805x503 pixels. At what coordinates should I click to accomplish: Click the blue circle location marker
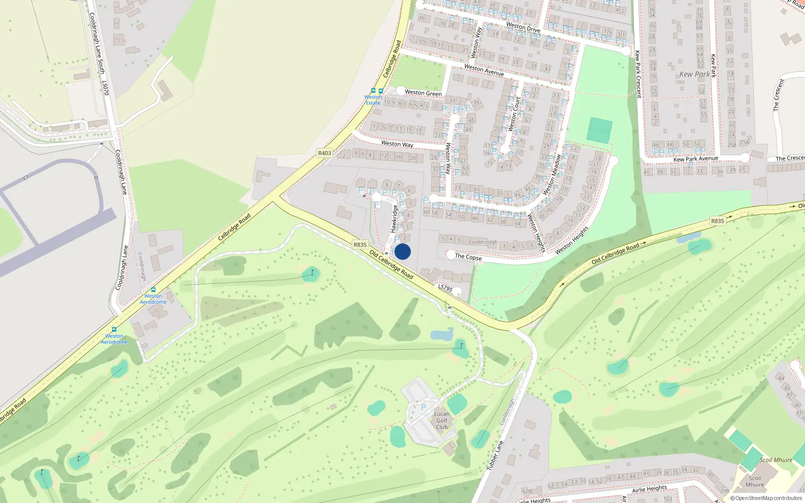tap(403, 251)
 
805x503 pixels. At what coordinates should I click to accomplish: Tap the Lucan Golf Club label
tap(442, 421)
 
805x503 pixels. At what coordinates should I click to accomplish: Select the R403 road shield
tap(325, 153)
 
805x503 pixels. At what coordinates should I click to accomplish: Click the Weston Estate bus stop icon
tap(373, 91)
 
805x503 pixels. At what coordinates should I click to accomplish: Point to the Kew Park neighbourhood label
tap(694, 74)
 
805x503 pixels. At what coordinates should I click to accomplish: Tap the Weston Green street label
tap(423, 93)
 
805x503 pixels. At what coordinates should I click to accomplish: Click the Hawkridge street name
tap(394, 218)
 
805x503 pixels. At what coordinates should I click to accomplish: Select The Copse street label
tap(468, 257)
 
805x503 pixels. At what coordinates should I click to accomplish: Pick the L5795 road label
tap(445, 288)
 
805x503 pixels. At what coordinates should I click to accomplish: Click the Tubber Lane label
tap(495, 456)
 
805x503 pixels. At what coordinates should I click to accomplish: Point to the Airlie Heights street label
tap(649, 489)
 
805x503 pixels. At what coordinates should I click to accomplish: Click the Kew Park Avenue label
tap(695, 159)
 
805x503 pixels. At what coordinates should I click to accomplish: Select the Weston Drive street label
tap(523, 27)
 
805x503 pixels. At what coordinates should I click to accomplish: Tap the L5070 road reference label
tap(105, 88)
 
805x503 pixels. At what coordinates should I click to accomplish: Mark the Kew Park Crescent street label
tap(637, 74)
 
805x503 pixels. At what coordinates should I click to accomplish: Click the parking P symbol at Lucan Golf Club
tap(423, 407)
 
